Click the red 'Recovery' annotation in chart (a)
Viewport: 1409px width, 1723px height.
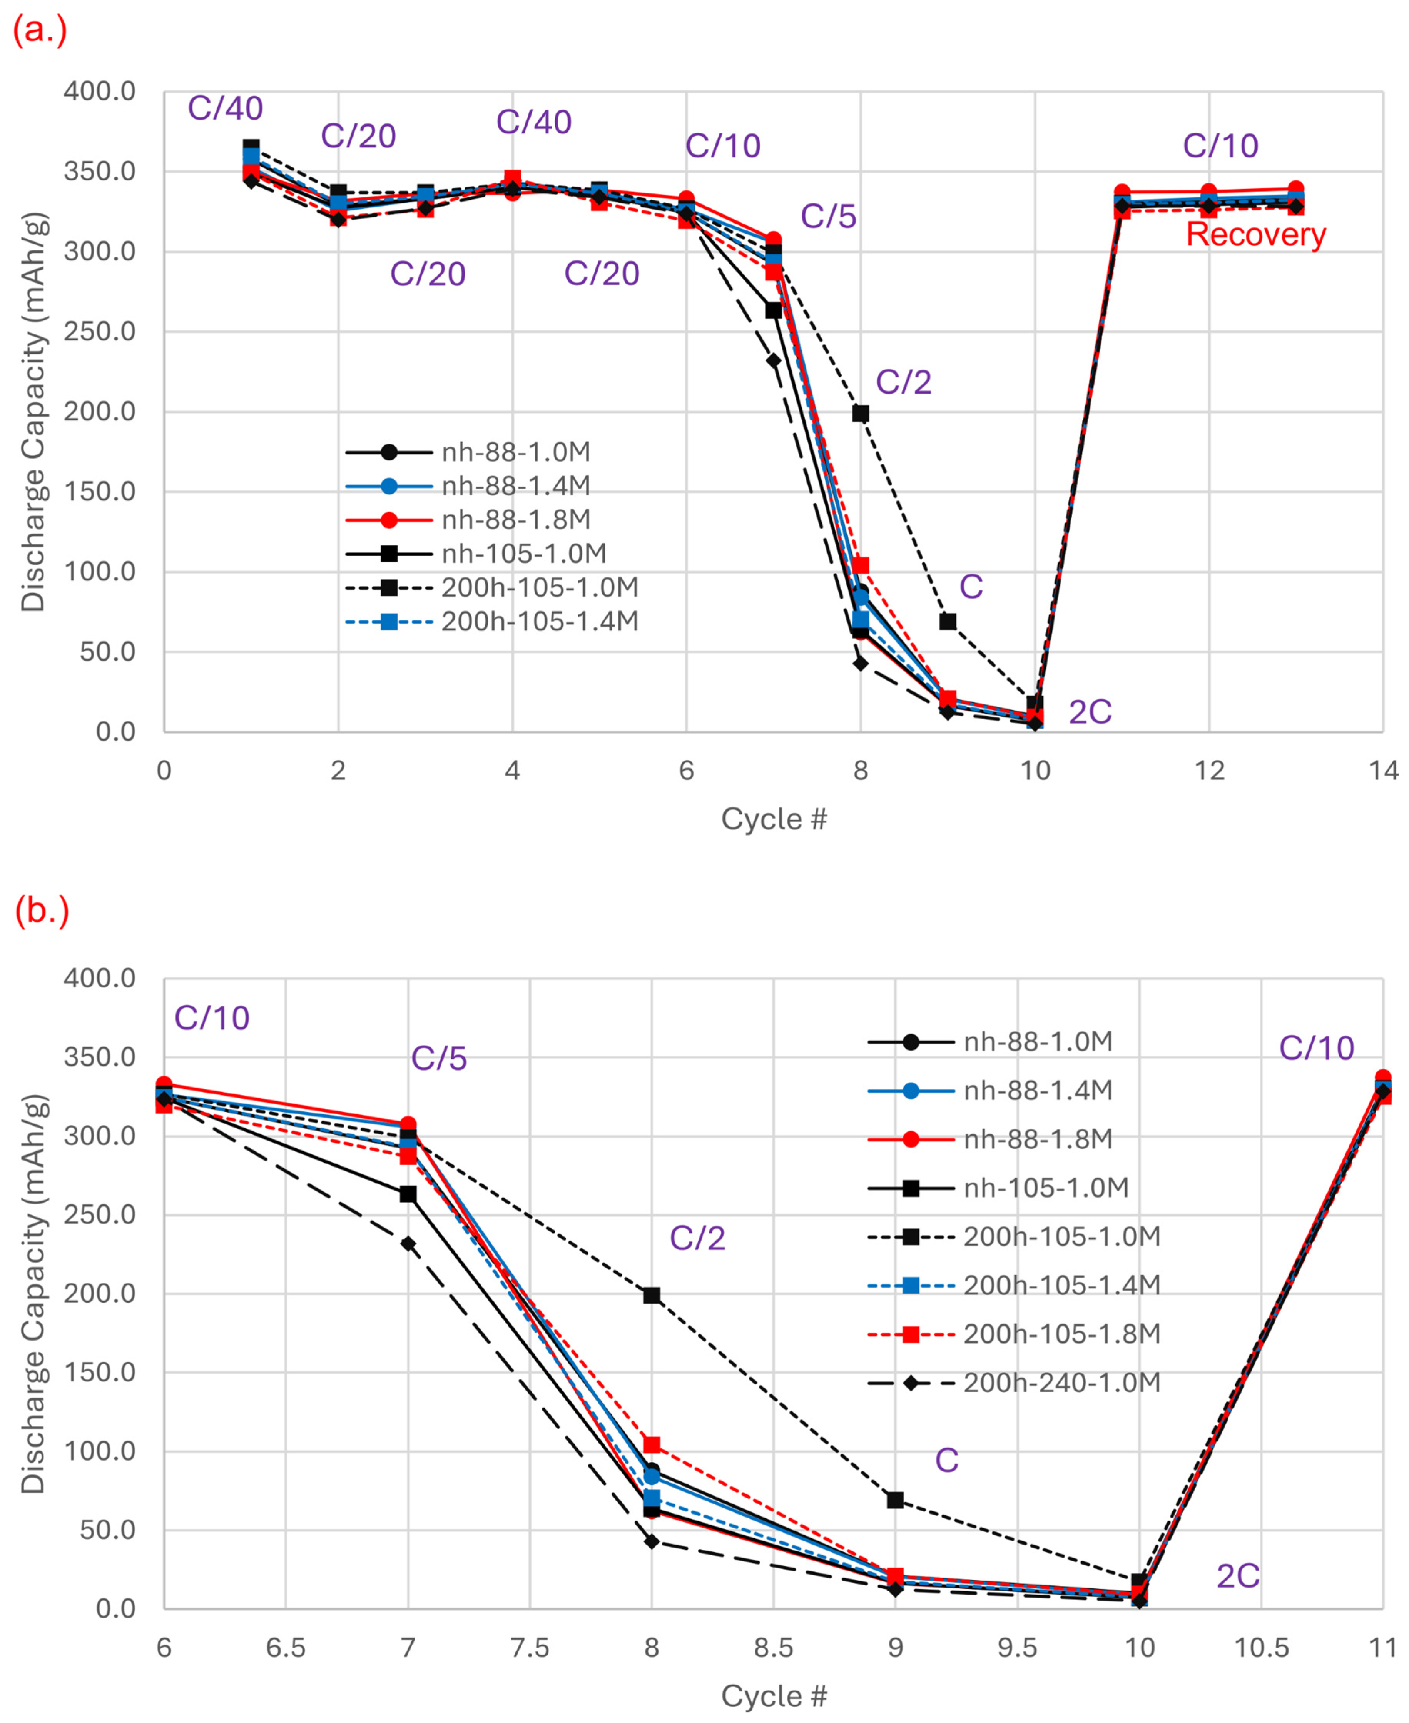pos(1255,234)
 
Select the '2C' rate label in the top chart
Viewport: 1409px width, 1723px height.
pos(1090,711)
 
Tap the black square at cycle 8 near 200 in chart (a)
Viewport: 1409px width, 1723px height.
pos(860,413)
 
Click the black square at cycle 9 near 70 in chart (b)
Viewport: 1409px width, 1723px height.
pos(895,1500)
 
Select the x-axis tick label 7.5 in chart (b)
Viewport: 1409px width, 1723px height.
pos(530,1648)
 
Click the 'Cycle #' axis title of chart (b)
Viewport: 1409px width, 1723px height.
pos(774,1695)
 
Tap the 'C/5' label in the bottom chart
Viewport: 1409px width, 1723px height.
pos(439,1059)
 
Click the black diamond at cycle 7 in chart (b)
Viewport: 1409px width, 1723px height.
pos(408,1244)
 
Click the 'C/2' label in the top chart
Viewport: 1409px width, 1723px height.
pos(903,382)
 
